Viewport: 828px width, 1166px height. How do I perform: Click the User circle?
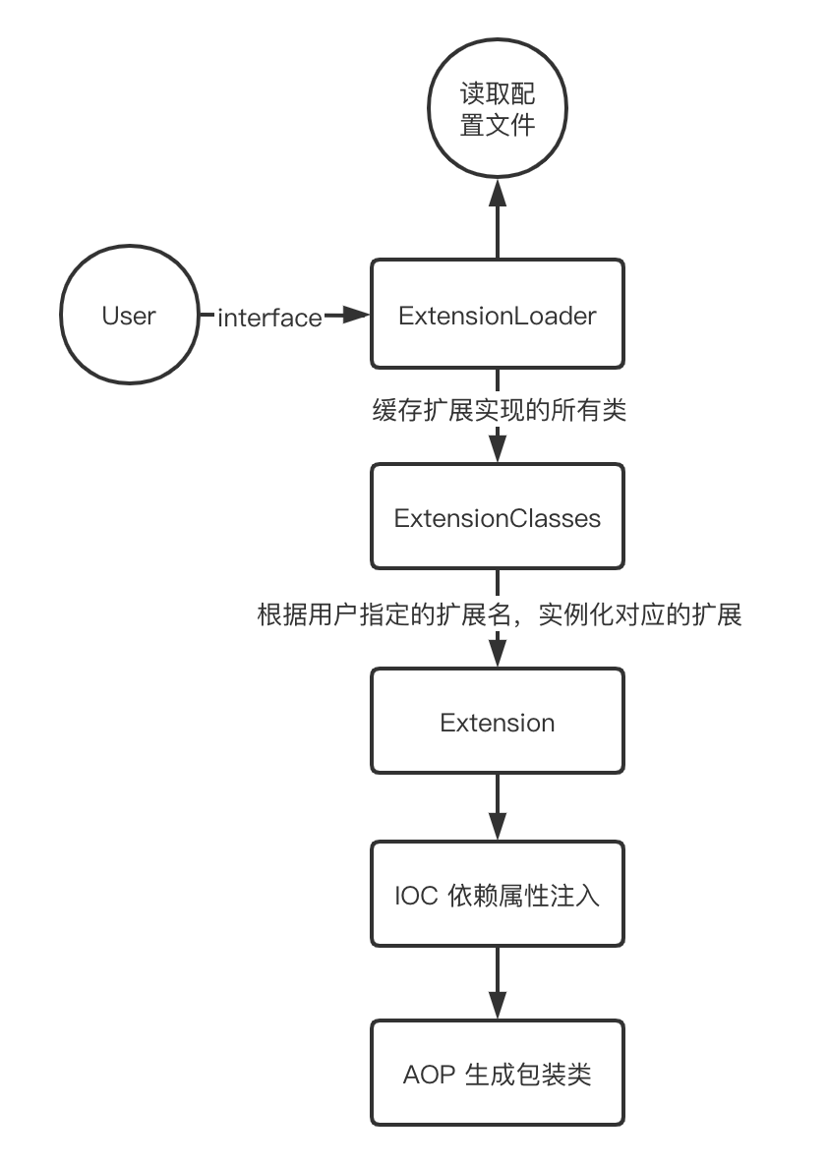129,317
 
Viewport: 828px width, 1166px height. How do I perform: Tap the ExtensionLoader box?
498,317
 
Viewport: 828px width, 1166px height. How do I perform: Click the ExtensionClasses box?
498,517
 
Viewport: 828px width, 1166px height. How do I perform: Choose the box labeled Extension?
498,723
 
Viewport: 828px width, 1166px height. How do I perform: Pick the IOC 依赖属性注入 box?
498,896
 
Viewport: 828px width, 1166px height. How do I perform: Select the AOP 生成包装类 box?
498,1074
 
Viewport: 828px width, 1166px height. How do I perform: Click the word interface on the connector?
269,318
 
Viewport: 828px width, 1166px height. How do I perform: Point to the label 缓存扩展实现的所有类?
499,411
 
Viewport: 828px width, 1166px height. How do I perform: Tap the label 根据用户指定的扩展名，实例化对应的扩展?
499,615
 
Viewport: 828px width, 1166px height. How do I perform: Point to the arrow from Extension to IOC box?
498,806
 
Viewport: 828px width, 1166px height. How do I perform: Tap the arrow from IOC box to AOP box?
498,983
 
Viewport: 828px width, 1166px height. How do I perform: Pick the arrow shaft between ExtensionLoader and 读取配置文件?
498,231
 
